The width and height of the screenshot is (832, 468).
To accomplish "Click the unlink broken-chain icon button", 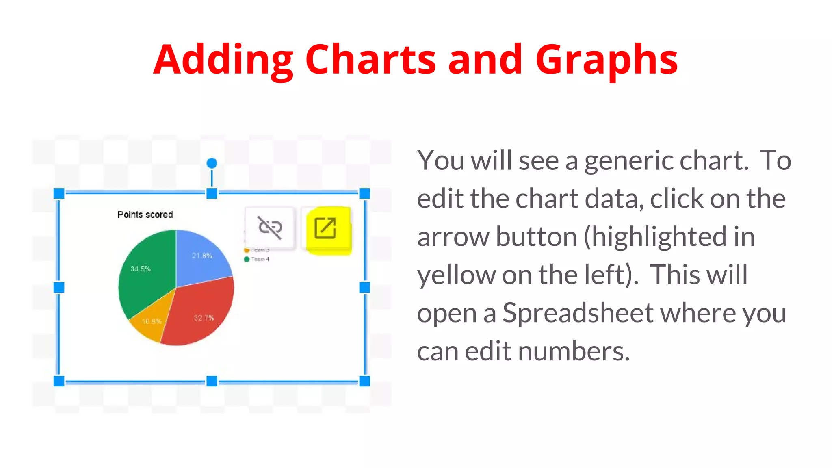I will [x=270, y=227].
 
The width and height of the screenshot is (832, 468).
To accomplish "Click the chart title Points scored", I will [x=145, y=214].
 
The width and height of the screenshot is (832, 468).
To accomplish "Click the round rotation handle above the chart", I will [x=212, y=163].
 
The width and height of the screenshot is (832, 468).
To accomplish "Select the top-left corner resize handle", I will [x=59, y=193].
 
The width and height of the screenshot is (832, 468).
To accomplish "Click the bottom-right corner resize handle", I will [x=365, y=381].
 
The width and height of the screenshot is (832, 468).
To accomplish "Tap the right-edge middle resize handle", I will [x=365, y=288].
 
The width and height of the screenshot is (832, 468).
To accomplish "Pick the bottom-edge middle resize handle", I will [x=212, y=381].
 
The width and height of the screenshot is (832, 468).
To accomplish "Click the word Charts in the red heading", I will [x=370, y=60].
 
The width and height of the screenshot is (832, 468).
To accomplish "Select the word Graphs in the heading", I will [x=607, y=60].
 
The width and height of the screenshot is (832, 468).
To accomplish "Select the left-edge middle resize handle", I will [x=59, y=288].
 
